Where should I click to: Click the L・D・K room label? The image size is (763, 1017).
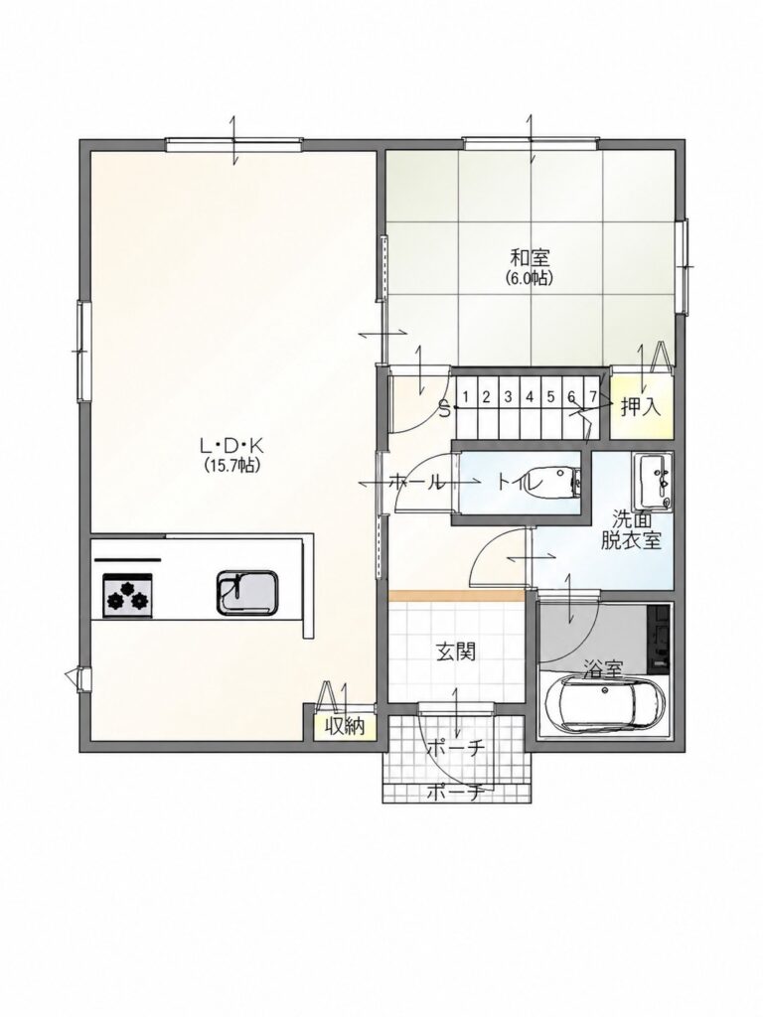(x=230, y=445)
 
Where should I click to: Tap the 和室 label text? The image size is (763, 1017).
(x=531, y=258)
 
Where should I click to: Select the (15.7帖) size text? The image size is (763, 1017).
(x=229, y=465)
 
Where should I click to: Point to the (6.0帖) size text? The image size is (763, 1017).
(x=530, y=278)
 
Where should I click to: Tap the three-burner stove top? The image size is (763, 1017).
(x=127, y=595)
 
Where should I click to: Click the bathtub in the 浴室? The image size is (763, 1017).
(x=605, y=705)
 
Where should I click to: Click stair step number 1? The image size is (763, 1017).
(x=465, y=395)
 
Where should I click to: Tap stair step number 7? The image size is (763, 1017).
(x=592, y=395)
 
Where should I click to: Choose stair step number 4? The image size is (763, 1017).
(x=529, y=395)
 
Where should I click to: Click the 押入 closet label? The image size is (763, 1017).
(x=641, y=406)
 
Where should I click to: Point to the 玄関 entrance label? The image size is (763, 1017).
(x=455, y=652)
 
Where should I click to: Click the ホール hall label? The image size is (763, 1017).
(x=416, y=482)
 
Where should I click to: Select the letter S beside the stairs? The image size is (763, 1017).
(x=445, y=410)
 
